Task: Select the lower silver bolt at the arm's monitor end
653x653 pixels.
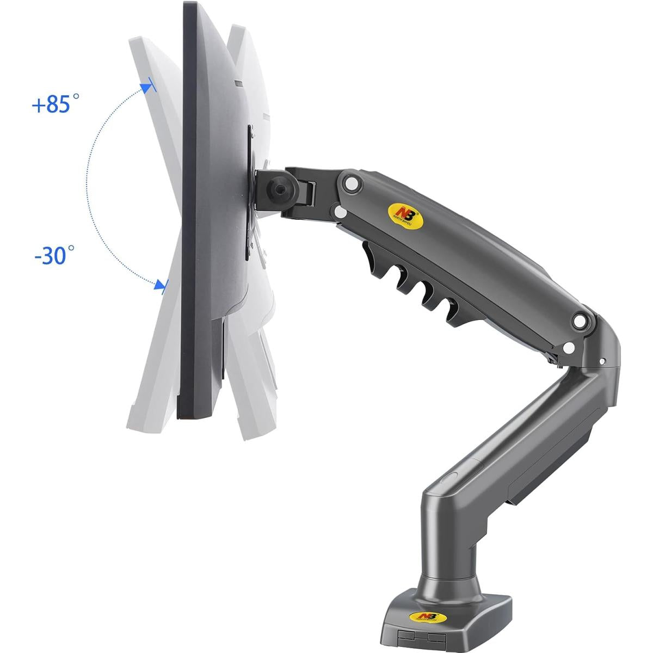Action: coord(341,211)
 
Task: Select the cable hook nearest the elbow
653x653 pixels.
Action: coord(451,309)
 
